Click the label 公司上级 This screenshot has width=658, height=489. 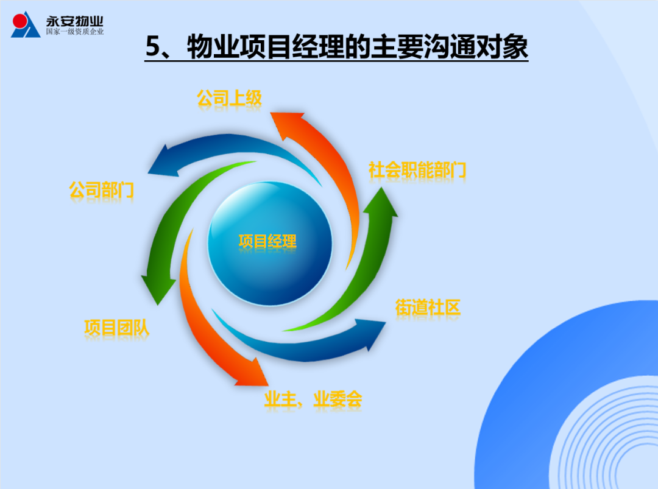coord(229,99)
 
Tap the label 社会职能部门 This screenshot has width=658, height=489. coord(417,170)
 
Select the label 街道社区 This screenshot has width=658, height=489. coord(428,308)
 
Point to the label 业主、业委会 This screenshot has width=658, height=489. coord(313,399)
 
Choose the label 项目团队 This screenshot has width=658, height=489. coord(116,328)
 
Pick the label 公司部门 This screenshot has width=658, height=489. coord(102,190)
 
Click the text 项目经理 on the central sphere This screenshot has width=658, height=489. coord(267,242)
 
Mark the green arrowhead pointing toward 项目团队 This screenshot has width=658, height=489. coord(158,289)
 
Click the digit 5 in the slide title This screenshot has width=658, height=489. coord(153,46)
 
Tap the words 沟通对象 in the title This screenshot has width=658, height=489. coord(475,46)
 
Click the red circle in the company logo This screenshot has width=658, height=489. coord(19,21)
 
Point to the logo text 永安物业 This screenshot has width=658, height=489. coord(75,21)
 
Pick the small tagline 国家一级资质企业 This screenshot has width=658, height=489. coord(75,32)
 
